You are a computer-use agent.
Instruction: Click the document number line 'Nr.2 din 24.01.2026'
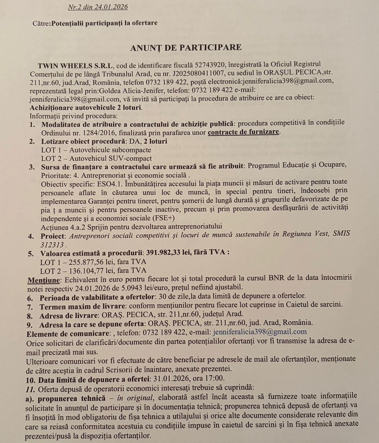point(98,7)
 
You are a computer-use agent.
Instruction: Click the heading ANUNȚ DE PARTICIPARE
point(186,47)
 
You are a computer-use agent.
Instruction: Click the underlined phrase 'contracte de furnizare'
point(244,132)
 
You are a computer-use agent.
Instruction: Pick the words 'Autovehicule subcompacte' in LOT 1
point(110,150)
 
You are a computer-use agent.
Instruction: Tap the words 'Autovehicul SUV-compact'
point(110,158)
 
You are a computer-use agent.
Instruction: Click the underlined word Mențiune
point(44,280)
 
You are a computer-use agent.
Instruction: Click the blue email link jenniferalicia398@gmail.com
point(260,332)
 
